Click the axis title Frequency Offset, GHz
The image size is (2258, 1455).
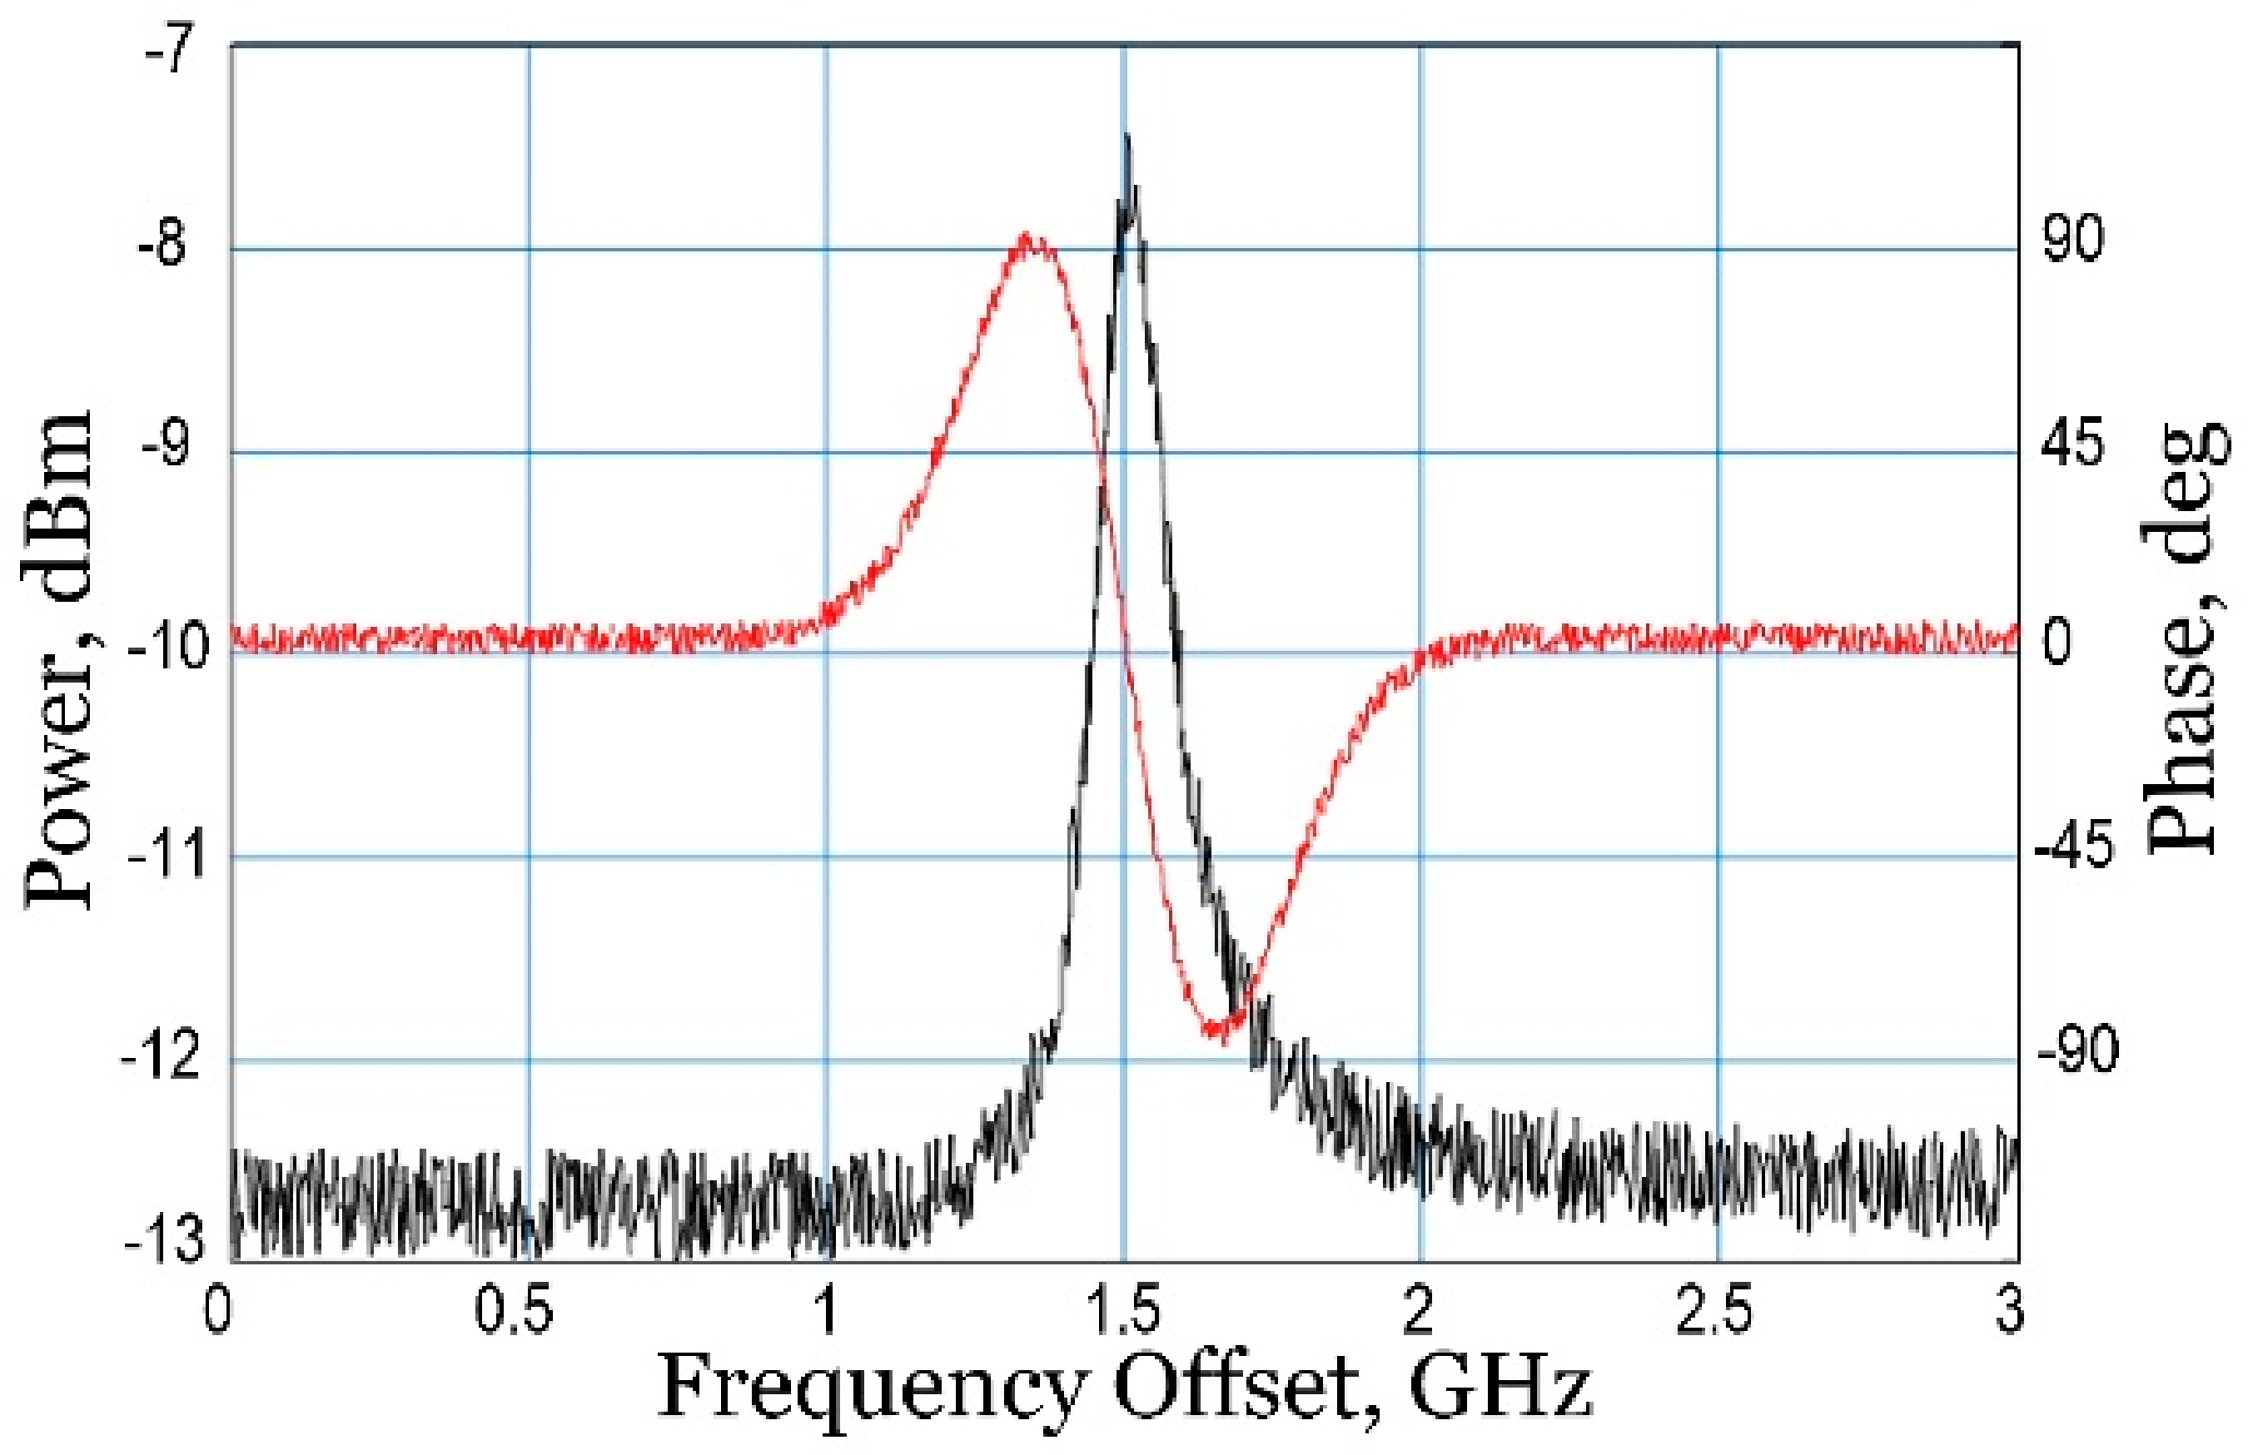click(x=1124, y=1389)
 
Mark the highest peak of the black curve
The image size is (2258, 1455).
click(x=1127, y=137)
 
